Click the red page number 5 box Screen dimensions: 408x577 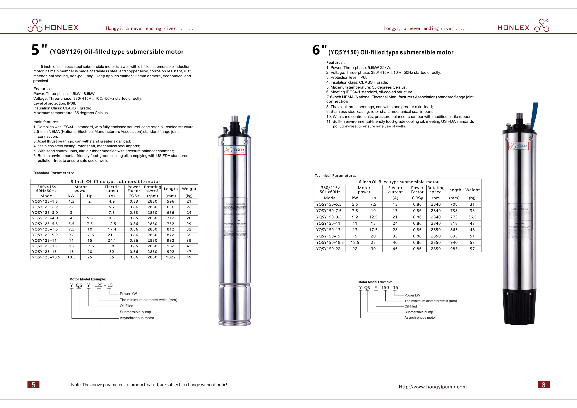[x=33, y=385]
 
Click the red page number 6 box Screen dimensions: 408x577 [x=543, y=385]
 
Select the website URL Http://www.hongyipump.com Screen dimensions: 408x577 [x=432, y=387]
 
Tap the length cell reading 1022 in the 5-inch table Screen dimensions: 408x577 [x=171, y=257]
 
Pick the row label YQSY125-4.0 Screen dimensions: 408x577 [x=45, y=218]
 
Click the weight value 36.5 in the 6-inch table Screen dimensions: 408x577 [x=472, y=217]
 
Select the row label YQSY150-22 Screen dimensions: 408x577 [x=328, y=249]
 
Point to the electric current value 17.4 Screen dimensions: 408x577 [x=112, y=229]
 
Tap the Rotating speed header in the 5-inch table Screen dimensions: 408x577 [x=152, y=188]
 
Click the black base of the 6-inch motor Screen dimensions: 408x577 [x=519, y=307]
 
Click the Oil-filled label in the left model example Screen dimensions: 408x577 [x=126, y=306]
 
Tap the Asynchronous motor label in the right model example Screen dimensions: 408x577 [x=420, y=318]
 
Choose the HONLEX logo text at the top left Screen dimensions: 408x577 [x=61, y=27]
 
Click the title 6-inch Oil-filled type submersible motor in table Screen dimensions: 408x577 [x=398, y=182]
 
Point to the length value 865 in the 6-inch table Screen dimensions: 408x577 [x=454, y=230]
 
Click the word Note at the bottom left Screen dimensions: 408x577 [x=76, y=385]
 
